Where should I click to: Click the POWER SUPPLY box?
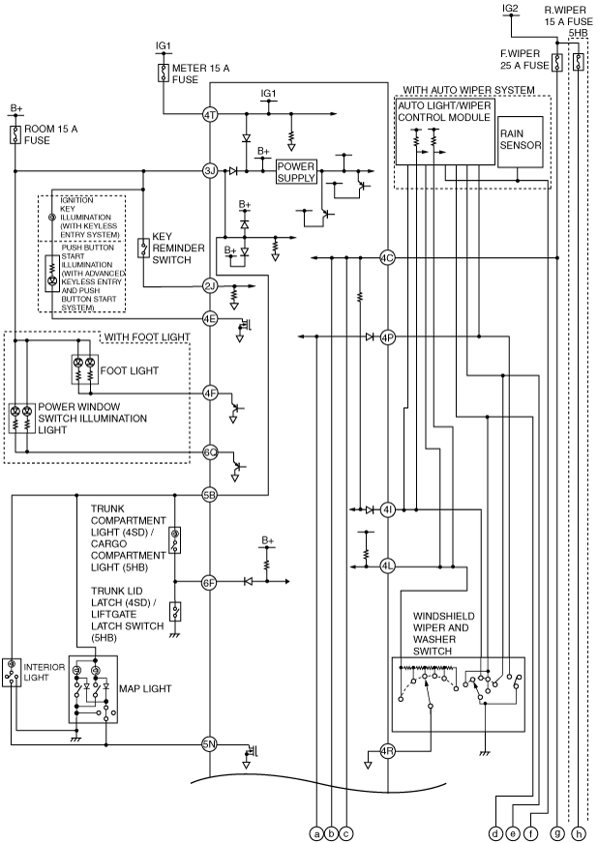[x=296, y=172]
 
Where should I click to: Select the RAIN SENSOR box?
[x=521, y=140]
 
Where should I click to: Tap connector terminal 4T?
[x=209, y=114]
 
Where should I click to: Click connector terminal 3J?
[x=209, y=171]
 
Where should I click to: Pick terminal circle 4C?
[x=387, y=258]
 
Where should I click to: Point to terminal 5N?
[x=209, y=744]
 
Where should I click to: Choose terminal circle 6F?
[x=209, y=582]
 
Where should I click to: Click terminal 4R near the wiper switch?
[x=387, y=751]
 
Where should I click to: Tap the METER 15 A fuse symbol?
[x=163, y=73]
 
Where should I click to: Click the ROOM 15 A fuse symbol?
[x=15, y=134]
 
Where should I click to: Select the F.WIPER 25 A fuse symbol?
[x=556, y=63]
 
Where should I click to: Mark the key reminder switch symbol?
[x=143, y=247]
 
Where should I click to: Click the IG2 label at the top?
[x=510, y=8]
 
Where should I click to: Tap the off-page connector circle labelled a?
[x=317, y=833]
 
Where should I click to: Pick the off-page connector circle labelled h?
[x=580, y=833]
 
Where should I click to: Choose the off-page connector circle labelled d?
[x=495, y=833]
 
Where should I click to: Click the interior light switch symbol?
[x=11, y=672]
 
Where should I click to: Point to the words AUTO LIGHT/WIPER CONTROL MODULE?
[x=444, y=111]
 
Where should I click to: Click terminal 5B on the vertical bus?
[x=209, y=495]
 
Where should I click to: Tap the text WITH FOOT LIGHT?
[x=147, y=337]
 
